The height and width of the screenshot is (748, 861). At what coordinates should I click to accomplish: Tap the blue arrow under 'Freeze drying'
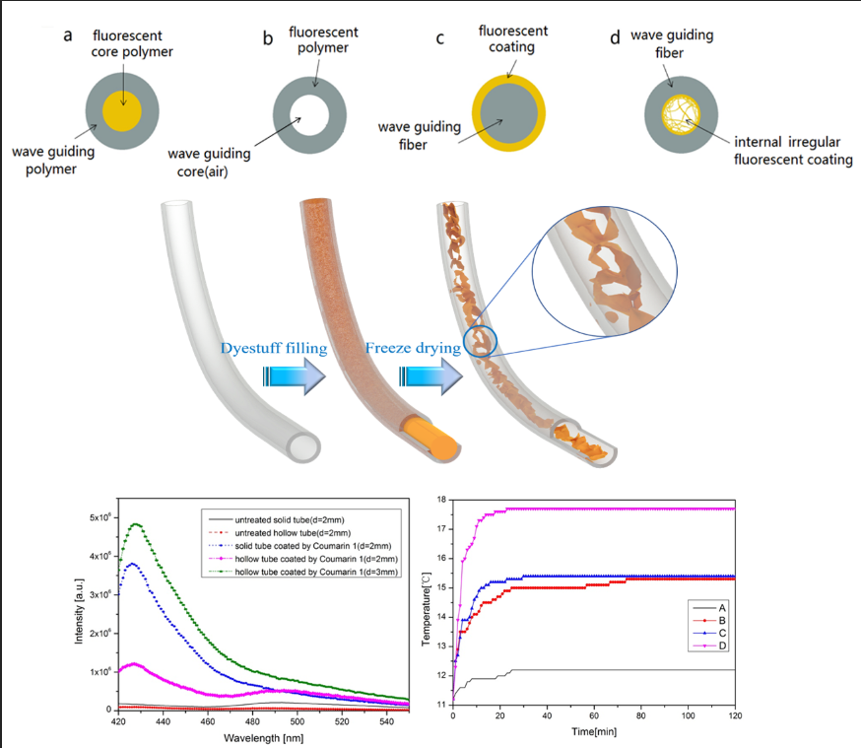[431, 376]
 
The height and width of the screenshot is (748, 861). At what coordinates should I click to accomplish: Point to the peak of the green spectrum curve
[137, 524]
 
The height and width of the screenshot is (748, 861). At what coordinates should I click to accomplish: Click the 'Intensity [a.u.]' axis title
[79, 610]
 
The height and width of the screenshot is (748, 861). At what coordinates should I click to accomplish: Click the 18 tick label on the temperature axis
[441, 501]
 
